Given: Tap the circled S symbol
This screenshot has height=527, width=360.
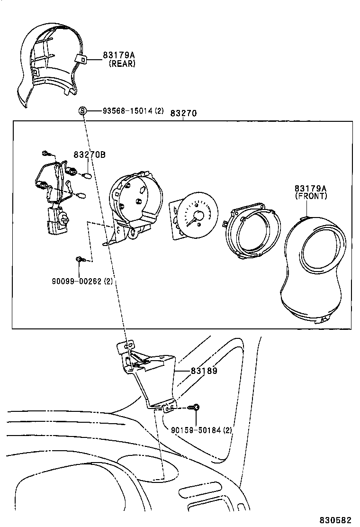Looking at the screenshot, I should [82, 111].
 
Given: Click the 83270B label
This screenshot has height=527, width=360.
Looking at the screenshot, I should [89, 154].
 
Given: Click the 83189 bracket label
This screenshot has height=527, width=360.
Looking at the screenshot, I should [204, 371].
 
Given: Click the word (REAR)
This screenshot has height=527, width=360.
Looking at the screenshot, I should [122, 64].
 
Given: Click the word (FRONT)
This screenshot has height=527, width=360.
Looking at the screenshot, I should [311, 196].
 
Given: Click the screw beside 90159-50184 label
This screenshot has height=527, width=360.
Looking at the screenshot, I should [194, 407].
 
